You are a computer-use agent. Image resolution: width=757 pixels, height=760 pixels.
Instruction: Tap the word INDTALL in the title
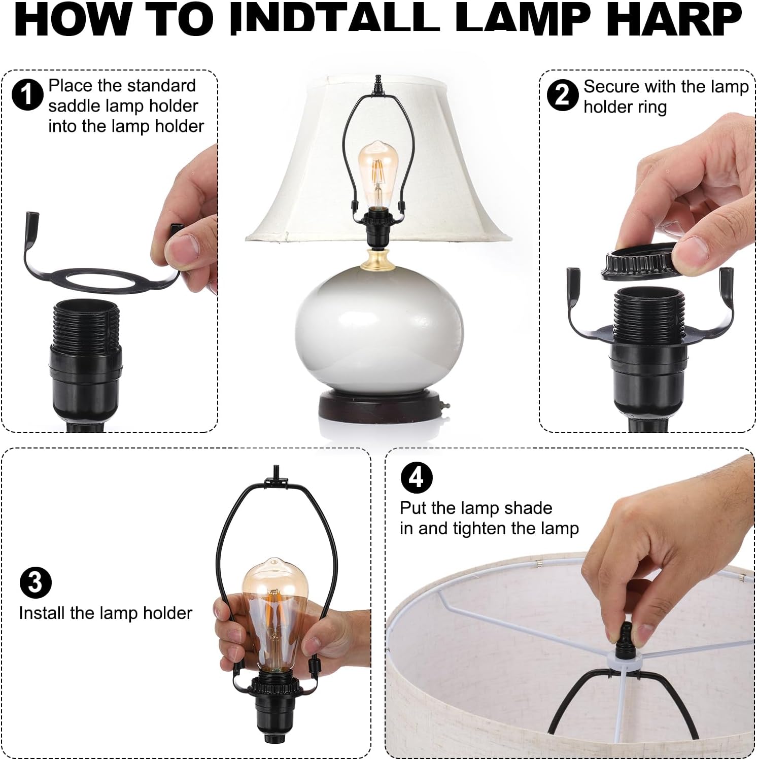[336, 19]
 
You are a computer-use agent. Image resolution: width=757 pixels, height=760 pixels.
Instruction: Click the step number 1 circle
[27, 94]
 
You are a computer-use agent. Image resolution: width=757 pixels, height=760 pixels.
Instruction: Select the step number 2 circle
[562, 94]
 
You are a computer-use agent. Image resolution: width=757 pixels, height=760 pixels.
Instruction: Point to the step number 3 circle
[35, 583]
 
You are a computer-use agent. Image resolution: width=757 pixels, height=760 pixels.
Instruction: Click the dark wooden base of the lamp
[380, 407]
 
